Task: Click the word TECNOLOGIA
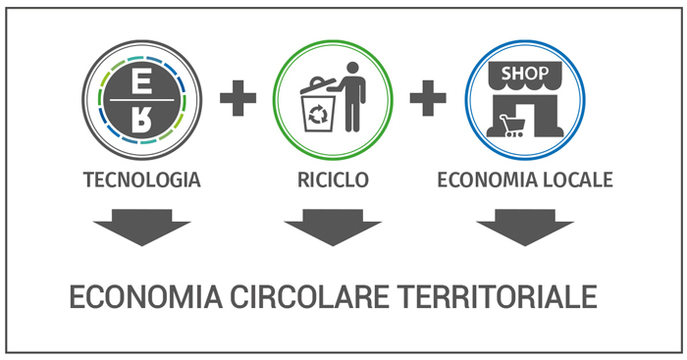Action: point(142,180)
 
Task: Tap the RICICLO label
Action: point(333,180)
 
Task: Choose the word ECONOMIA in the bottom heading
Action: point(146,297)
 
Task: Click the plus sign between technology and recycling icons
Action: point(238,98)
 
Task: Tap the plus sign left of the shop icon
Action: point(428,98)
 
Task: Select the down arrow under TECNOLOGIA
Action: point(142,228)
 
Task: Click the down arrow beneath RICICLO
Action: point(333,228)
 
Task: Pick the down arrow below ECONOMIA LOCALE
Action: point(525,228)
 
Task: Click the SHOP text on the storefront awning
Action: point(525,74)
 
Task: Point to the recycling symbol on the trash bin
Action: point(318,115)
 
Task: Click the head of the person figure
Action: point(352,68)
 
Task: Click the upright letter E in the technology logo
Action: point(141,81)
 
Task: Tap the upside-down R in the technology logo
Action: point(141,120)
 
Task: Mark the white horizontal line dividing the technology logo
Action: point(142,100)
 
